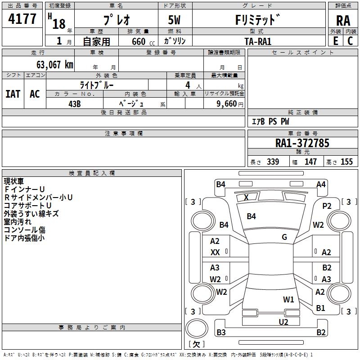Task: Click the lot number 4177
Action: click(x=22, y=19)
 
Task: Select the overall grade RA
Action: click(x=343, y=20)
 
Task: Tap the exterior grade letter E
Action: click(x=335, y=40)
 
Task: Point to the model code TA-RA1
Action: click(x=258, y=41)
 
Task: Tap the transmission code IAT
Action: click(x=13, y=94)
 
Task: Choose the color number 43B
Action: click(x=74, y=103)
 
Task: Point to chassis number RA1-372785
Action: click(x=302, y=143)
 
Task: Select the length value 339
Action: click(x=273, y=162)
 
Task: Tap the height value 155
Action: click(x=346, y=162)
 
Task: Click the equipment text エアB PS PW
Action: click(x=270, y=121)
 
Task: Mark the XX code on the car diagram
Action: click(x=215, y=253)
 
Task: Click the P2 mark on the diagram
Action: click(x=327, y=206)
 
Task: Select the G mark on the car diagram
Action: click(x=284, y=237)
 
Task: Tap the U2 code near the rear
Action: click(x=283, y=322)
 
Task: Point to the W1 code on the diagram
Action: click(x=288, y=299)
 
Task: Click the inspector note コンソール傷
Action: click(x=24, y=229)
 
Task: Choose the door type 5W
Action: click(x=175, y=21)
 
